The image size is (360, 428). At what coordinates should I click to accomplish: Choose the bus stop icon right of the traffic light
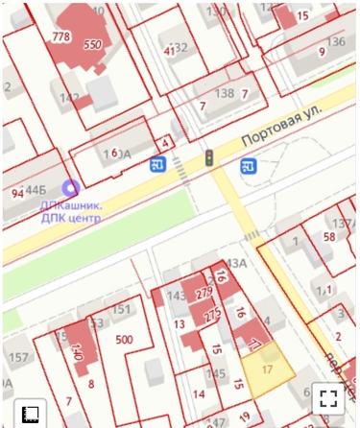(x=248, y=166)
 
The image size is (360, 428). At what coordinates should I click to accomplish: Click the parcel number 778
(x=61, y=36)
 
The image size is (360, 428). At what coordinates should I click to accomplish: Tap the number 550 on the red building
(x=93, y=45)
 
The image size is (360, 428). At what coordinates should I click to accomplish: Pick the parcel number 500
(x=124, y=340)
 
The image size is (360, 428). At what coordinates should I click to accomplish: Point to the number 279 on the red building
(x=203, y=292)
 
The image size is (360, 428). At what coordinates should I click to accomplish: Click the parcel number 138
(x=225, y=93)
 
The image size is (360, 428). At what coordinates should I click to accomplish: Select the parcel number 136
(x=335, y=42)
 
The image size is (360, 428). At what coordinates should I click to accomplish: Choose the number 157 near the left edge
(x=18, y=358)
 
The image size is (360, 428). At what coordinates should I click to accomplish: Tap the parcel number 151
(x=121, y=309)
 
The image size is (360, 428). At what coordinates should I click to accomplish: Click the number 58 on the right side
(x=328, y=236)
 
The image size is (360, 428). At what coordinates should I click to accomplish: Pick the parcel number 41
(x=169, y=50)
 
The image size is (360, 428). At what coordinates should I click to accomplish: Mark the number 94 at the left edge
(x=16, y=194)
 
